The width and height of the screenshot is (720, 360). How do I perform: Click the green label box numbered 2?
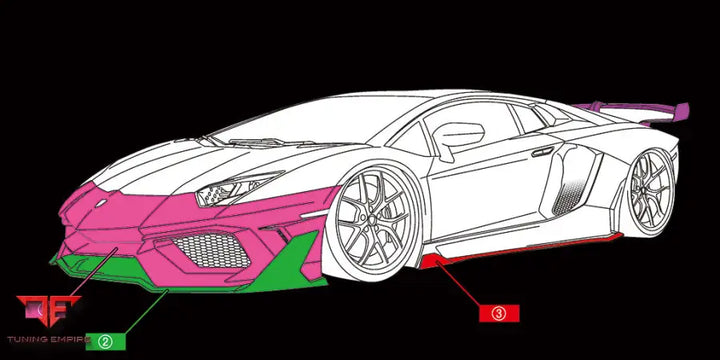tap(105, 341)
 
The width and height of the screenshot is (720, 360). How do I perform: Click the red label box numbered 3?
tap(500, 312)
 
